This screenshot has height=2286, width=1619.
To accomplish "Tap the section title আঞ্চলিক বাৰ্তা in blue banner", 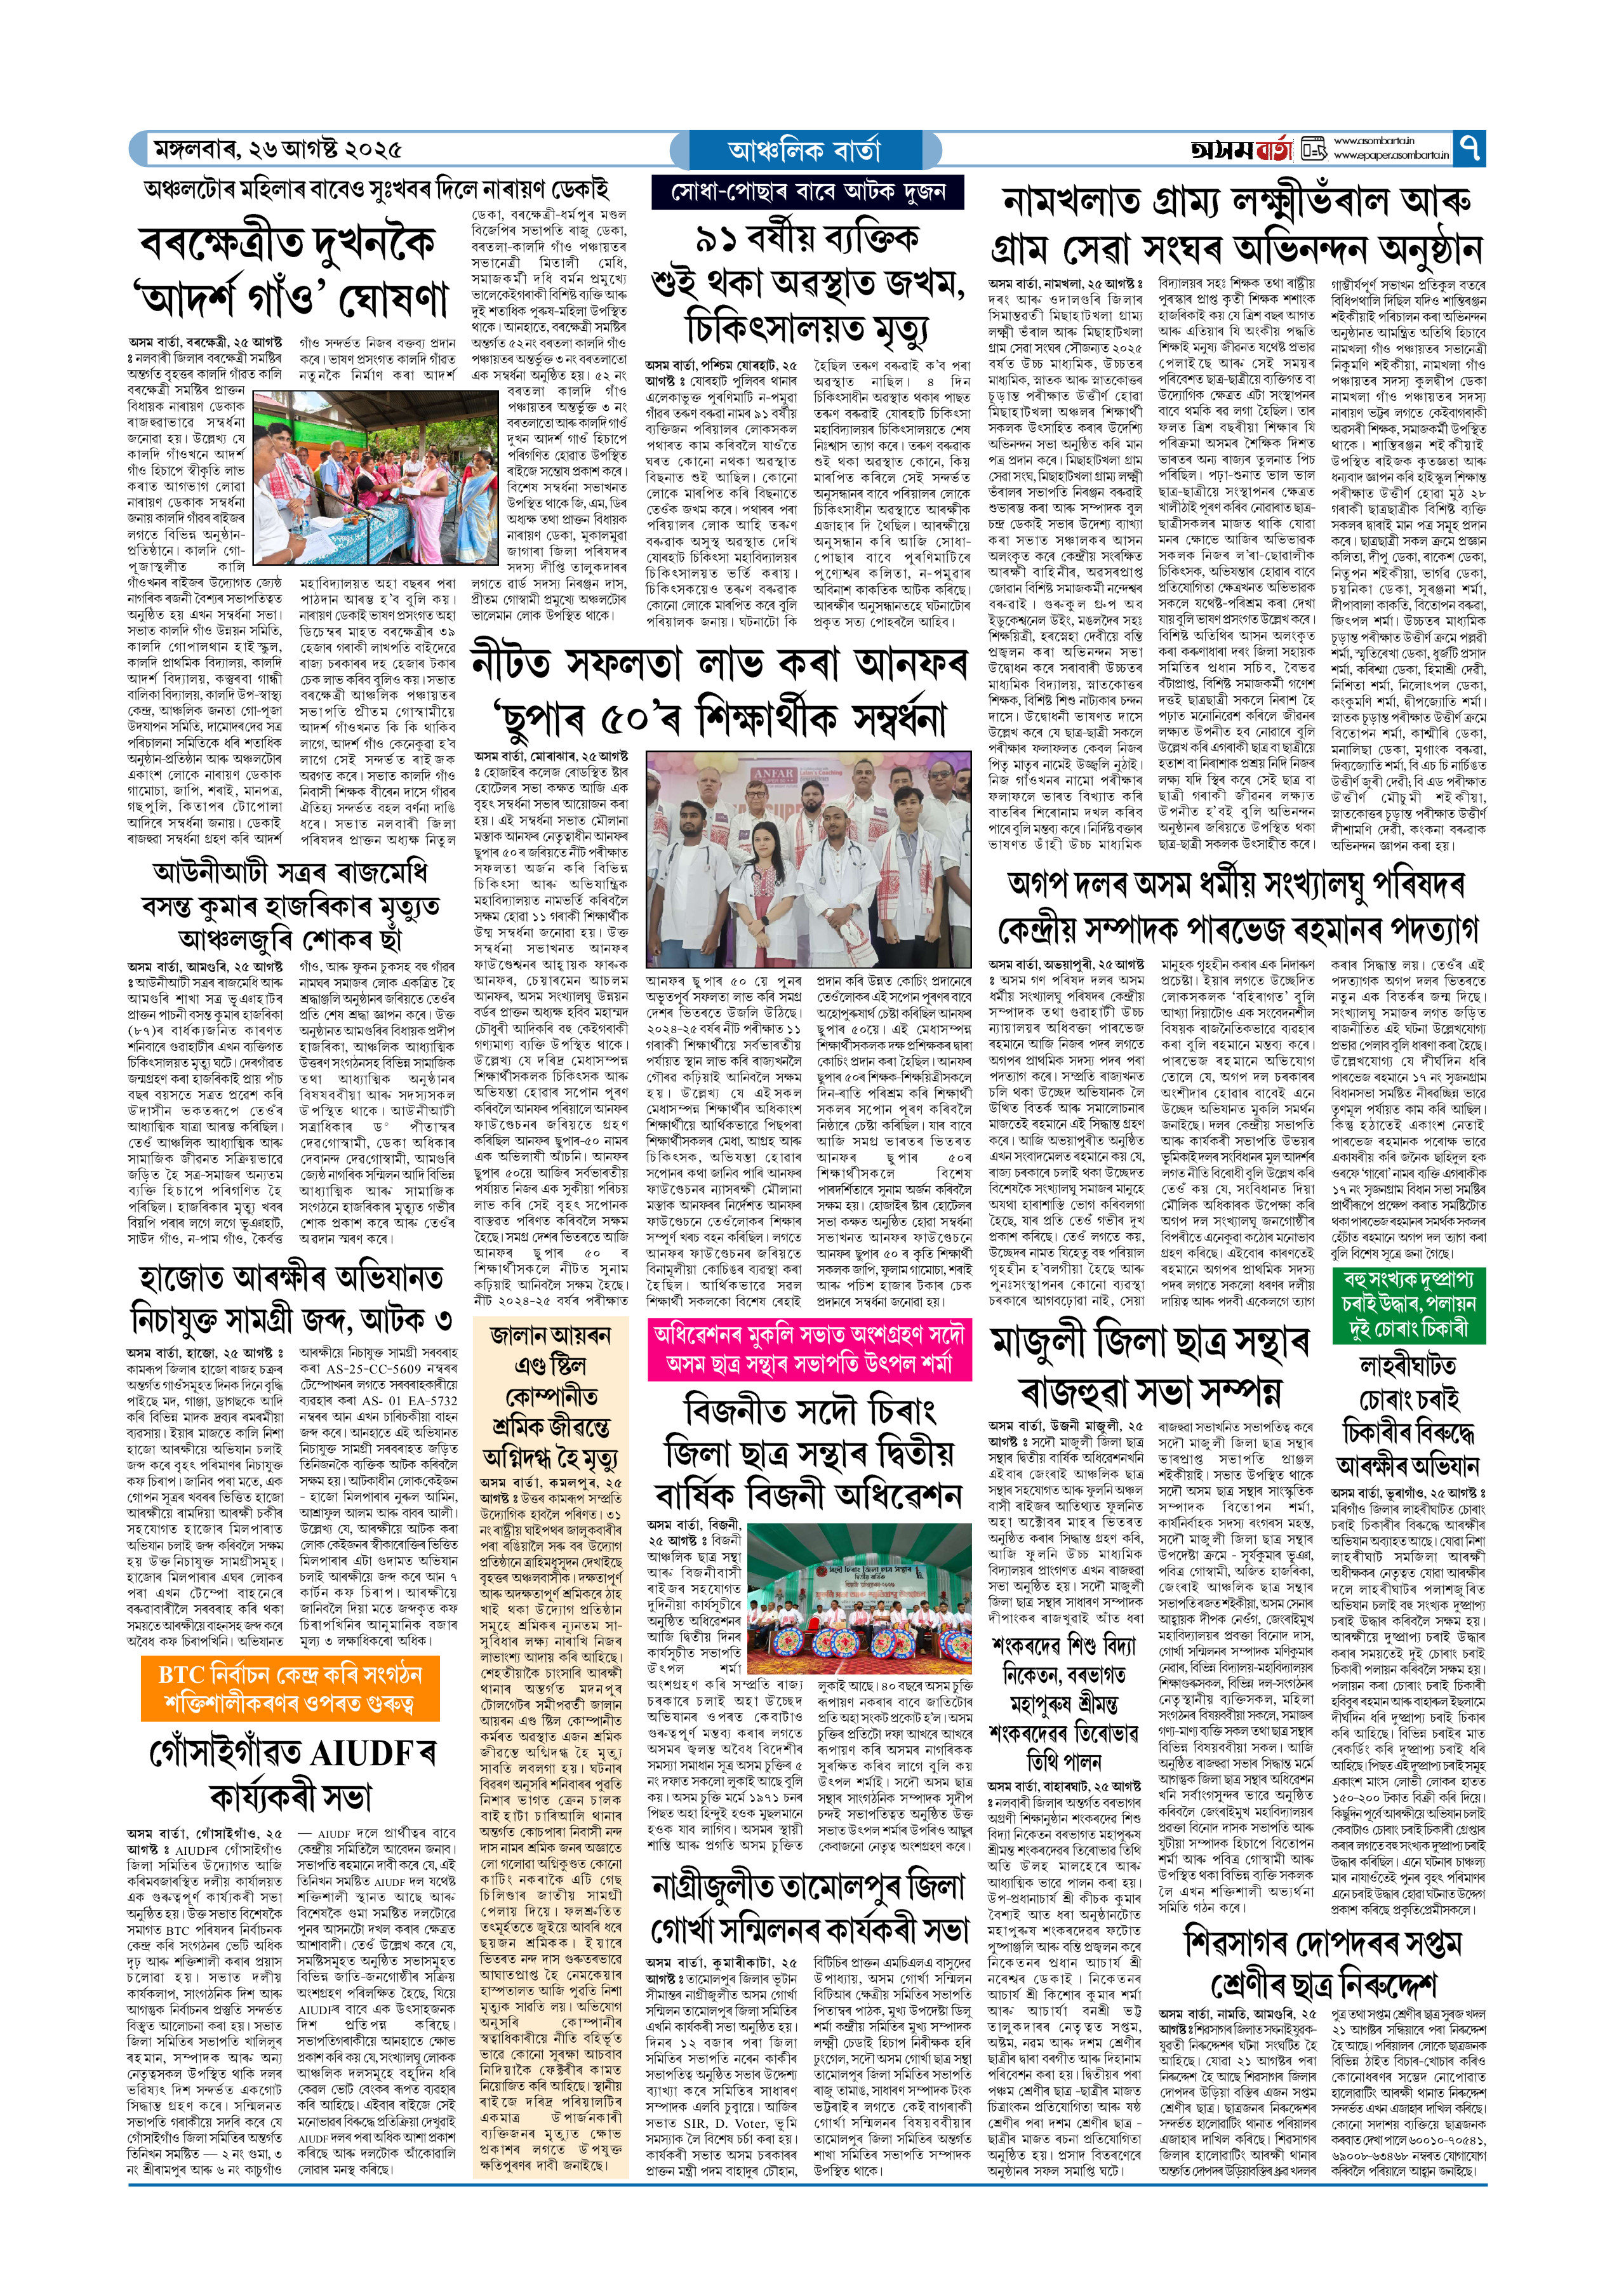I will (804, 150).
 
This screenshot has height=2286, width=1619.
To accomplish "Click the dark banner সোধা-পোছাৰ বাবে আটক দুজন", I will (808, 191).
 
